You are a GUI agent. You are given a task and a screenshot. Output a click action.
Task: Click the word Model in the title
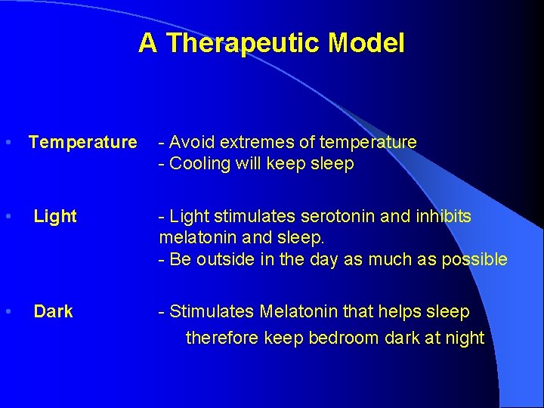pos(366,43)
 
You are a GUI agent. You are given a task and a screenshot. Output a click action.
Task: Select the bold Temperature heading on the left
pos(82,142)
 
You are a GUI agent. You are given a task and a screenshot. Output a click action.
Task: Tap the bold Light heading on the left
pos(55,217)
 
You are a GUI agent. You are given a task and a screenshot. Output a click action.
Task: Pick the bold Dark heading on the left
pos(53,311)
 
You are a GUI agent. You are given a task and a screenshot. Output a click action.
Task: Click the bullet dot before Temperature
pos(7,142)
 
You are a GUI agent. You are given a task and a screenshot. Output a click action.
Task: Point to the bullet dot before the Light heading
pos(7,217)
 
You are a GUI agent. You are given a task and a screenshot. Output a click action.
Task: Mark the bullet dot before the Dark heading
pos(7,311)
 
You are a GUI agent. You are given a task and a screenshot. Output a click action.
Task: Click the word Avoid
pos(189,142)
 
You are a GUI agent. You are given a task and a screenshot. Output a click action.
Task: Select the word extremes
pos(255,142)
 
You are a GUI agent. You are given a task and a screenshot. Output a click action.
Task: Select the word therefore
pos(222,338)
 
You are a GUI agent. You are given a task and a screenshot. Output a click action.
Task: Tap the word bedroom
pos(339,338)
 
